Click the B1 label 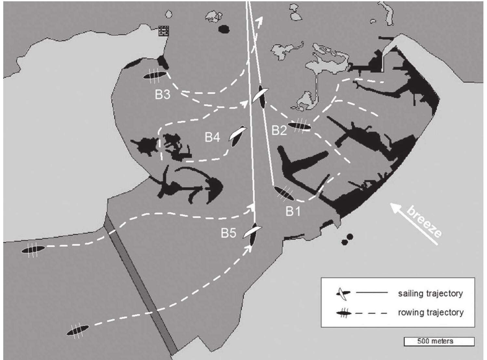pos(293,211)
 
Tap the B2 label pos(279,130)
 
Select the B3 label pos(162,95)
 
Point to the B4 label pos(212,137)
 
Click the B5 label pos(229,233)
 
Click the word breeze pos(424,222)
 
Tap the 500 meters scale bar pos(439,341)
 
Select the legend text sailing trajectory pos(430,293)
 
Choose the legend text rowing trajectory pos(430,313)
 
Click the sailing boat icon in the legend pos(343,293)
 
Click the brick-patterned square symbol pos(164,31)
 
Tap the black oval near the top pos(224,29)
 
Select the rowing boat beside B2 pos(300,126)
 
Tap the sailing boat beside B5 pos(252,233)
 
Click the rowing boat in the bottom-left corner pos(77,330)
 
